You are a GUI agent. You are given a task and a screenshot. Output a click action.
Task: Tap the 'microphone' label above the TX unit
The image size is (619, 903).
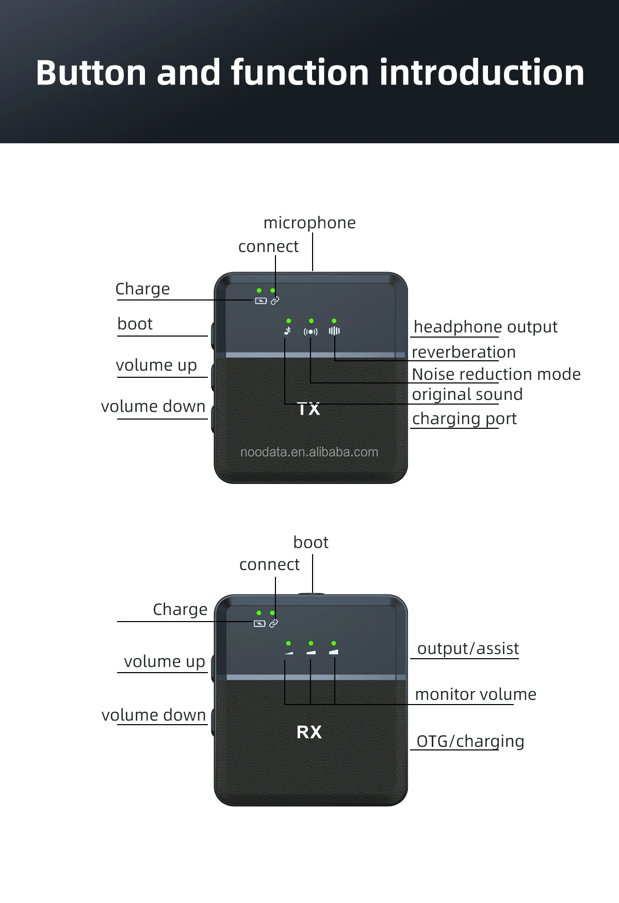(x=309, y=223)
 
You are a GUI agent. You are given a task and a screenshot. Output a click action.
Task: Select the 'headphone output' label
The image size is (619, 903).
(x=485, y=327)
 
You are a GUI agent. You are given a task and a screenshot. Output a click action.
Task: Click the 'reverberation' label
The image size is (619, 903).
(x=464, y=352)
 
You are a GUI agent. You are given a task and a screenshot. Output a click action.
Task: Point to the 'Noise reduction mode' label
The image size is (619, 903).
(x=496, y=374)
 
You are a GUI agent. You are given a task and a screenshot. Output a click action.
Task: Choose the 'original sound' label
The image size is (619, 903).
(x=467, y=394)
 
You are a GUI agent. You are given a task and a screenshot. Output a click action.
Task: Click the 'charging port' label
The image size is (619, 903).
(x=464, y=419)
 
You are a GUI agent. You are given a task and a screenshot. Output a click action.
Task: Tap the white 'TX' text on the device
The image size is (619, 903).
(x=309, y=409)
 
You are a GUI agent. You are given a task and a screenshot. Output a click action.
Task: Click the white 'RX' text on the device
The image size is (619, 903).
(x=309, y=732)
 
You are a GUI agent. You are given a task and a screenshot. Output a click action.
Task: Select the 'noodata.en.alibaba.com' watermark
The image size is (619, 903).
(x=309, y=452)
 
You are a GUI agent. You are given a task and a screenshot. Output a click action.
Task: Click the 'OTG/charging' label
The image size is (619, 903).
(x=470, y=741)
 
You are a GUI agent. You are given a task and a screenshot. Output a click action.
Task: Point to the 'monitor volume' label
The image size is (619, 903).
(x=476, y=694)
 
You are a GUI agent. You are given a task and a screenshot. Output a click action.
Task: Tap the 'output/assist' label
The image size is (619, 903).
(x=468, y=648)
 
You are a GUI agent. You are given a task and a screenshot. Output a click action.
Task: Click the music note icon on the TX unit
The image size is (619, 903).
(x=288, y=331)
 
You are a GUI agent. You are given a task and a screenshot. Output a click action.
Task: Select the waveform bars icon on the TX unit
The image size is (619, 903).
(x=334, y=331)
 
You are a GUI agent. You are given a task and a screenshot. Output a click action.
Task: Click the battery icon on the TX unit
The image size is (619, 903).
(x=261, y=301)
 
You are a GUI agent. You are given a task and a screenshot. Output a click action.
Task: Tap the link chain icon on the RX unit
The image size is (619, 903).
(x=274, y=624)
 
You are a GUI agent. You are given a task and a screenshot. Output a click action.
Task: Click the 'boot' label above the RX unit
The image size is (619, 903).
(x=311, y=542)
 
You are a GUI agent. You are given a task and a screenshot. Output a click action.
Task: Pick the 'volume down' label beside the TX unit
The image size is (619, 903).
(x=153, y=406)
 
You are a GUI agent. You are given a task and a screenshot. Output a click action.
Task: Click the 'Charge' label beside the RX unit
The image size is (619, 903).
(x=180, y=609)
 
